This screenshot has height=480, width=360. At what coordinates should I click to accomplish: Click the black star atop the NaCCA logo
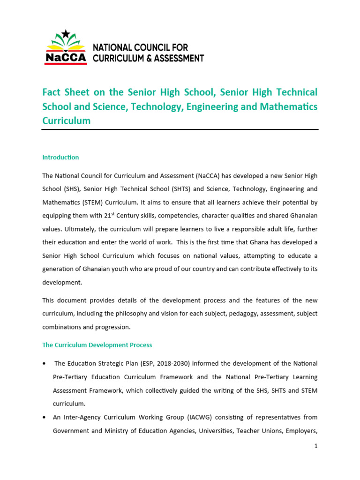[66, 33]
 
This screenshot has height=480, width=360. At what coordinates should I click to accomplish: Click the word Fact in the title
[52, 92]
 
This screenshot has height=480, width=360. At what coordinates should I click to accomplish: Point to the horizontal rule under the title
[180, 129]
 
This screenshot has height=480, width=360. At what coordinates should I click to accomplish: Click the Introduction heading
[60, 157]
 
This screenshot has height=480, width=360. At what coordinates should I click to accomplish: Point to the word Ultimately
[75, 230]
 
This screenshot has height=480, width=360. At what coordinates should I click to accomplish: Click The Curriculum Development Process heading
[97, 345]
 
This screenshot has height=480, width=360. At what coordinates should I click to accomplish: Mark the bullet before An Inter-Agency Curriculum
[44, 417]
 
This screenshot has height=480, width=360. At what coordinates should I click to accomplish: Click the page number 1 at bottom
[316, 446]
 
